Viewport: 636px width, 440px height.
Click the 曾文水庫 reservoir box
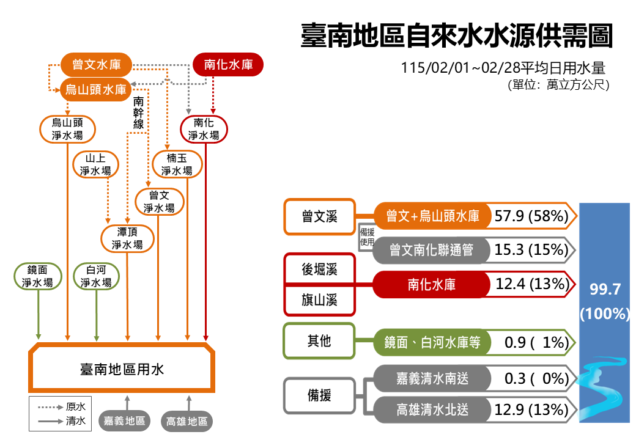(96, 64)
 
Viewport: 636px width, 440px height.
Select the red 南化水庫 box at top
(228, 64)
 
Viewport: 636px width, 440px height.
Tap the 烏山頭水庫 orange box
(96, 90)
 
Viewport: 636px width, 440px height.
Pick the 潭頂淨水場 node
(127, 238)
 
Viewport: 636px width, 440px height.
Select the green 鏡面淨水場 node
(38, 276)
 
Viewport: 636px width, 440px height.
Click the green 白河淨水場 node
(96, 276)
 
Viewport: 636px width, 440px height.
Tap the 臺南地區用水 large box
(122, 369)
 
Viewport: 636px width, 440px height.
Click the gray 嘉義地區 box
(124, 420)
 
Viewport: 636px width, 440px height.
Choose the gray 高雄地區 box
(187, 420)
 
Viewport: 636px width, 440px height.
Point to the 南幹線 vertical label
(138, 113)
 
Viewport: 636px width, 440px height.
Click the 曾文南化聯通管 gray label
(432, 249)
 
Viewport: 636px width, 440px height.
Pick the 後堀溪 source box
(319, 269)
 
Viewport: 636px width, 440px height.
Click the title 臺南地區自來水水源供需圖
(456, 37)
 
